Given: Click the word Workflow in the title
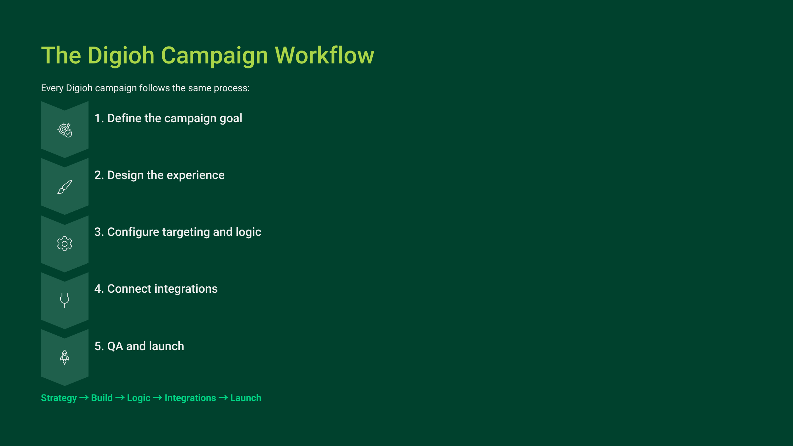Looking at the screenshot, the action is pyautogui.click(x=324, y=55).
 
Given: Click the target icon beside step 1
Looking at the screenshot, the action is pyautogui.click(x=65, y=130).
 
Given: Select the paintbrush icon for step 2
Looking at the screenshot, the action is pyautogui.click(x=65, y=187).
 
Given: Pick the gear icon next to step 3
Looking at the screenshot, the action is pyautogui.click(x=65, y=243).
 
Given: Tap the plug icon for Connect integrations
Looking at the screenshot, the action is pyautogui.click(x=65, y=300).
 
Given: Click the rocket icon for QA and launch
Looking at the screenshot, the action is pyautogui.click(x=65, y=357).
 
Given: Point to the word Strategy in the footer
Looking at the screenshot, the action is pyautogui.click(x=59, y=398).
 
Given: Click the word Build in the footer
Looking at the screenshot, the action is pyautogui.click(x=102, y=398).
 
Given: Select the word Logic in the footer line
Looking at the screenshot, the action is pyautogui.click(x=139, y=398).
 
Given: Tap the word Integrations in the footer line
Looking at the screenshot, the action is pyautogui.click(x=190, y=398).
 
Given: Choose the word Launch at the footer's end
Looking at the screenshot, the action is pyautogui.click(x=246, y=398).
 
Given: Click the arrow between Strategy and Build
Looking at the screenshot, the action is pyautogui.click(x=84, y=397).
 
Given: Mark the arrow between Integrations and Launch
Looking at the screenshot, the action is pyautogui.click(x=223, y=397).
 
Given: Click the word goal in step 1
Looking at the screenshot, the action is pyautogui.click(x=231, y=119).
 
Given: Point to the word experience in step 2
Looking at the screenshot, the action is pyautogui.click(x=196, y=176).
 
